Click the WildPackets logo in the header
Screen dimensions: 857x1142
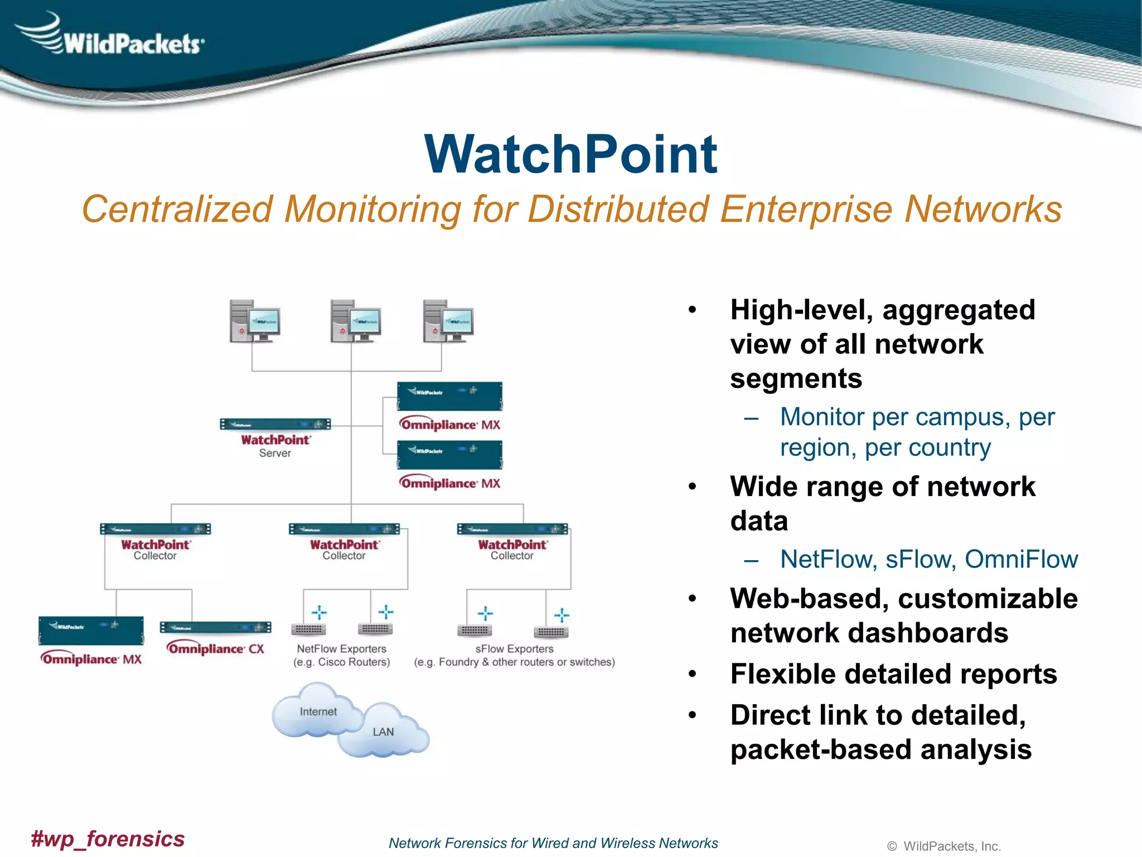[x=112, y=36]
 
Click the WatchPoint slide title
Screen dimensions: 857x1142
[x=570, y=155]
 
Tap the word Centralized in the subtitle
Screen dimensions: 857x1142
[x=177, y=209]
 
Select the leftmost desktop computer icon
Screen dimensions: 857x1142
[x=254, y=321]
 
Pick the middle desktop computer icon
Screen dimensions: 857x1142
[x=355, y=321]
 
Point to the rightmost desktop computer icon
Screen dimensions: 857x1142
[x=448, y=321]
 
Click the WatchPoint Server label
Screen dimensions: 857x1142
[x=275, y=446]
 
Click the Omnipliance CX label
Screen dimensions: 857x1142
[x=215, y=648]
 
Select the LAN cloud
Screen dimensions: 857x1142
[x=384, y=731]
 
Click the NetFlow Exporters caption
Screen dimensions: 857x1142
[x=341, y=655]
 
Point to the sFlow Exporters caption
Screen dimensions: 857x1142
[x=514, y=655]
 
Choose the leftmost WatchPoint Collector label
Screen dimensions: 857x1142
[x=155, y=549]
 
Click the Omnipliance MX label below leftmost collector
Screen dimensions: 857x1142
[x=91, y=659]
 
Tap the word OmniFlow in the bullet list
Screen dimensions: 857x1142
[x=1021, y=559]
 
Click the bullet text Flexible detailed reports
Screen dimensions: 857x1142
[x=893, y=674]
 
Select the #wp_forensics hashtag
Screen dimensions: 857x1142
[x=108, y=839]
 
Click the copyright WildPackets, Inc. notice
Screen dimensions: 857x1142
[x=944, y=846]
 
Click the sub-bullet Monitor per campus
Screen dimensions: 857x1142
[x=917, y=417]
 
